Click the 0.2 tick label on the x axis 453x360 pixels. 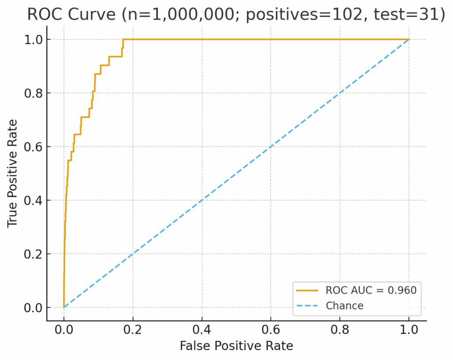coord(133,329)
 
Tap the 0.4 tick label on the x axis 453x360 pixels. coord(202,329)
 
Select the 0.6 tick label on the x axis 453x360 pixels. coord(271,329)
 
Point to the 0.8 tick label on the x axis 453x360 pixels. coord(340,329)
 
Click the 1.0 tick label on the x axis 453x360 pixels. coord(409,329)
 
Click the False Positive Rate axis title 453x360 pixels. coord(236,346)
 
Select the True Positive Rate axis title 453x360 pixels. coord(13,173)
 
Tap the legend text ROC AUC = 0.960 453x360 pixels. coord(371,291)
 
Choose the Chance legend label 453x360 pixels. coord(345,306)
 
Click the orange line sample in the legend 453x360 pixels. coord(307,291)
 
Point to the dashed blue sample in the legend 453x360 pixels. coord(307,306)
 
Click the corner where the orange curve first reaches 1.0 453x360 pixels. coord(123,40)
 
